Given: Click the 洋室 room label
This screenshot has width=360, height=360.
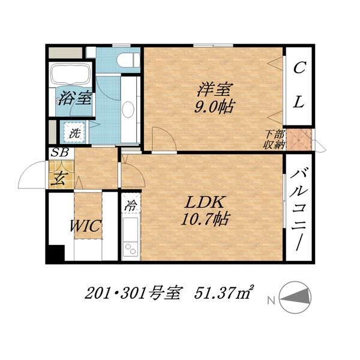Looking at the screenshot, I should click(215, 90).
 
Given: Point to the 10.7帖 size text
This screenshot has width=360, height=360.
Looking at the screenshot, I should click(206, 220).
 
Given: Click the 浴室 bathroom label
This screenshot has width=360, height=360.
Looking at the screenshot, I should click(76, 98).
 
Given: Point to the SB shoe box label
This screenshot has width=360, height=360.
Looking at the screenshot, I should click(59, 152).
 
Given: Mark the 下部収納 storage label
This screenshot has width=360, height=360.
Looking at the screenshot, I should click(273, 139).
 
